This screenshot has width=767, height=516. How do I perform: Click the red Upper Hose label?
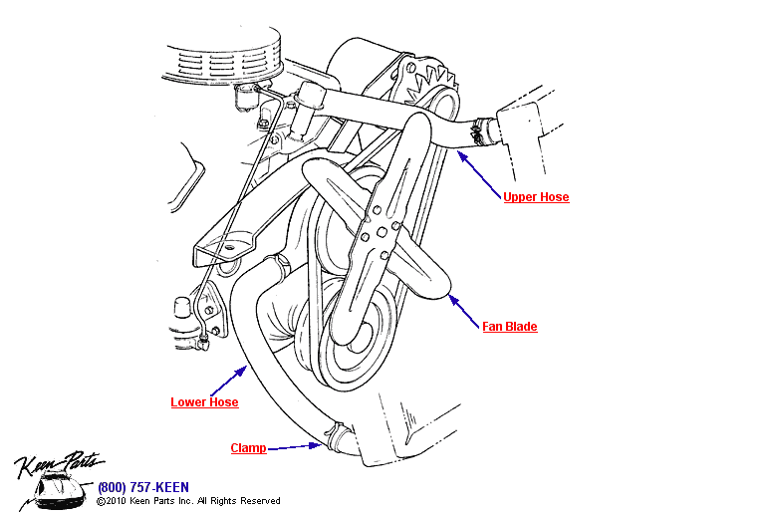point(536,197)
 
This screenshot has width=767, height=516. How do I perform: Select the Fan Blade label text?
point(510,327)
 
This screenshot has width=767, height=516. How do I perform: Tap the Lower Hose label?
point(204,402)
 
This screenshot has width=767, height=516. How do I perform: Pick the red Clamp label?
point(248,448)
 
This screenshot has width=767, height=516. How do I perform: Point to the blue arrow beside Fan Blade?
point(464,312)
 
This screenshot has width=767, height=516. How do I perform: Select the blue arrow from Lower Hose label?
point(228,381)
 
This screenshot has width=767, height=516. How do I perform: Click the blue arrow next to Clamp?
point(295,446)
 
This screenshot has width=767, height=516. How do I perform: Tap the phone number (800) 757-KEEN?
point(143,487)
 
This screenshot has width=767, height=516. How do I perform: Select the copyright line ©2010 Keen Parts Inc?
point(188,501)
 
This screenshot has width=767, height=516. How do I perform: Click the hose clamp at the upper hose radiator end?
point(480,131)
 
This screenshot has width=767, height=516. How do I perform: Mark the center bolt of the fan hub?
point(383,232)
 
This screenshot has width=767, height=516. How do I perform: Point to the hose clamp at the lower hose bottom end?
point(337,435)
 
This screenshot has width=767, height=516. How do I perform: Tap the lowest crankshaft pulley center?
point(360,339)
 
